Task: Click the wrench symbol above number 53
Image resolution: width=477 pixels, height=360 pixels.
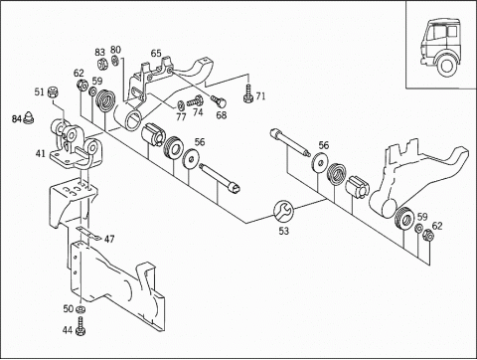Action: pos(283,211)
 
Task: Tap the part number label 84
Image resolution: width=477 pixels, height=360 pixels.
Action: pos(17,118)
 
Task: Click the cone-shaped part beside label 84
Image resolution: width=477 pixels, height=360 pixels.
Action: pos(29,117)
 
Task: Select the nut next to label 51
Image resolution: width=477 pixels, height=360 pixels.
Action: pos(52,92)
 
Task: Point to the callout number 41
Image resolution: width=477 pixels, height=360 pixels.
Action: pos(41,153)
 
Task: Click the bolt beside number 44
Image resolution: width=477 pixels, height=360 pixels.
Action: pos(80,326)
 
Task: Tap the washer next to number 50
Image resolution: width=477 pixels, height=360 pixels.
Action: pos(80,309)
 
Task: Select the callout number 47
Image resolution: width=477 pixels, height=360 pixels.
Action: pos(109,239)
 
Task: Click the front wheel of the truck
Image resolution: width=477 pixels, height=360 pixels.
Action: pos(445,66)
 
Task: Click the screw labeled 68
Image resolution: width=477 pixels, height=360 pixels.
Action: pos(218,100)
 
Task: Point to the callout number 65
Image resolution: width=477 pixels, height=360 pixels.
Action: pos(156,53)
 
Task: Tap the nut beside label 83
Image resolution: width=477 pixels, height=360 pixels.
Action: pos(102,63)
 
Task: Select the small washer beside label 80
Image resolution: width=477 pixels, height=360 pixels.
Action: pos(115,61)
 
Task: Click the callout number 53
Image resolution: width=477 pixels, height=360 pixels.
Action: pos(283,231)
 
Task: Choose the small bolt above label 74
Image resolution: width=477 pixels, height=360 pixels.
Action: pos(195,101)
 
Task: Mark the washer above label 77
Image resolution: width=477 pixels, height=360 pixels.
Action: pos(181,105)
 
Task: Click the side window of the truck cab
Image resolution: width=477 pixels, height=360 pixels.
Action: pos(452,32)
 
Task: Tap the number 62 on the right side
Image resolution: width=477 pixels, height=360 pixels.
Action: pos(437,226)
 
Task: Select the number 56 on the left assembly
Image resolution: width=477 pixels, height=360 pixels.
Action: pos(200,142)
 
